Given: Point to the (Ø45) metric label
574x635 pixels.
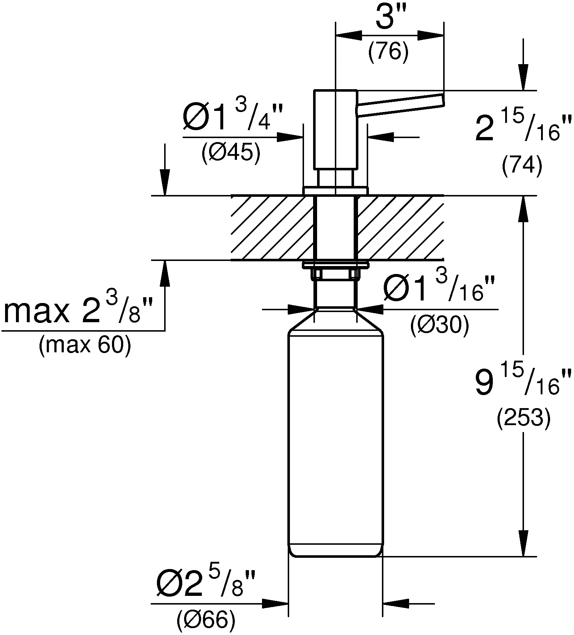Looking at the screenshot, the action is pyautogui.click(x=231, y=154).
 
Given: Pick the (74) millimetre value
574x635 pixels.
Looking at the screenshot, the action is pyautogui.click(x=522, y=167).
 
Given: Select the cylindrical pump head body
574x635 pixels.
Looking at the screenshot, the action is pyautogui.click(x=336, y=129).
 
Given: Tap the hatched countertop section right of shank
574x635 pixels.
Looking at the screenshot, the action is pyautogui.click(x=400, y=228).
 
